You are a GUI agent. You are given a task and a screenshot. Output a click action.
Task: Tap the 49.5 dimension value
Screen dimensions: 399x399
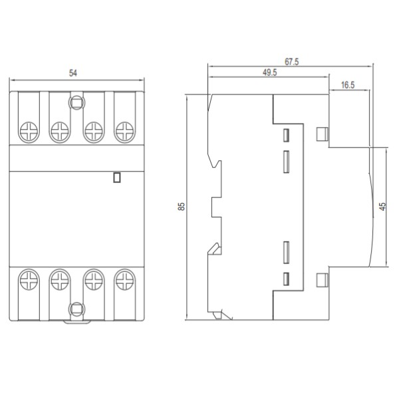coord(269,73)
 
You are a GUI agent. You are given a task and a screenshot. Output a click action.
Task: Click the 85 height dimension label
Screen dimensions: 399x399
coord(182,207)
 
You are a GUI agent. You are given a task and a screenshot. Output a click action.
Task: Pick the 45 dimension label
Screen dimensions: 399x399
coord(382,207)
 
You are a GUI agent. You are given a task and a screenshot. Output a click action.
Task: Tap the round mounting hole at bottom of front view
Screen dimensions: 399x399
coord(76,308)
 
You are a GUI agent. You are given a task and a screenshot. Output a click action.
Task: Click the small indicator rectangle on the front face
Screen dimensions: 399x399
coord(117,178)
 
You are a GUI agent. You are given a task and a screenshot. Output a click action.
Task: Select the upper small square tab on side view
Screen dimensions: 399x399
coord(322,135)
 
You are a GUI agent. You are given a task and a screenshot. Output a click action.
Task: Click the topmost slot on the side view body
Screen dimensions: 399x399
coord(287,135)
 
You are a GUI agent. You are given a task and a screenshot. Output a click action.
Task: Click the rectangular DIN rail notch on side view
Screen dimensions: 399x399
coord(216,207)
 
